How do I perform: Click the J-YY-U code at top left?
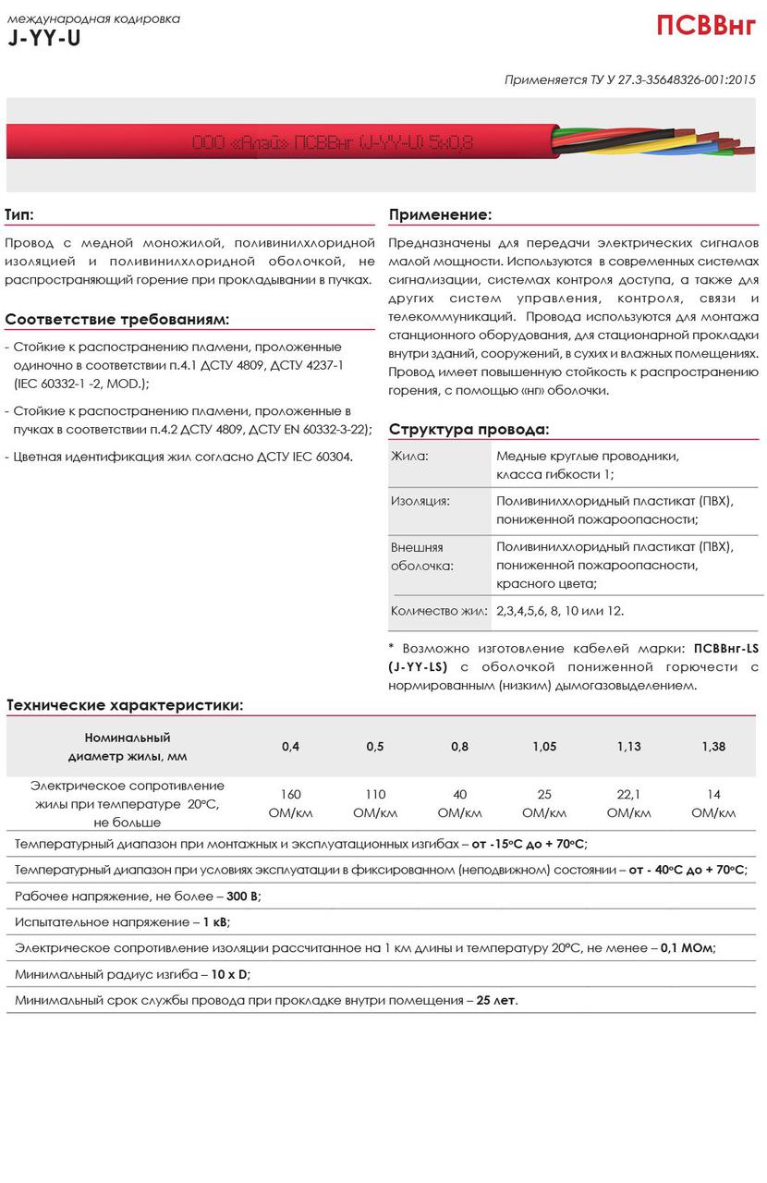(44, 39)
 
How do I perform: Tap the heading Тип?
(19, 214)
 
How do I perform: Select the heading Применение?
(440, 214)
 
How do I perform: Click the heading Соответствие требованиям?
(117, 320)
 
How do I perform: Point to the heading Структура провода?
(469, 430)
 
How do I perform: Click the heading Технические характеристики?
(125, 705)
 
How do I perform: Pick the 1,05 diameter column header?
(544, 747)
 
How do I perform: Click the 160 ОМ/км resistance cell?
(290, 803)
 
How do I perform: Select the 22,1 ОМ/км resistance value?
(628, 803)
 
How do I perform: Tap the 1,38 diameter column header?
(713, 747)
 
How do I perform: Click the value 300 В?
(244, 896)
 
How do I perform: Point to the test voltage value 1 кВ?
(214, 922)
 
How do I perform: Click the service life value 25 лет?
(497, 1000)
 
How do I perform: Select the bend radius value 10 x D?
(230, 974)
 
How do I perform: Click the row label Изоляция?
(420, 501)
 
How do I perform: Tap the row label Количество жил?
(438, 611)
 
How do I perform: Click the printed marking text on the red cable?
(332, 142)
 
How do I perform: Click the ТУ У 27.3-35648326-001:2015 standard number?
(673, 80)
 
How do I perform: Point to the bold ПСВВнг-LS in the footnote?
(725, 646)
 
